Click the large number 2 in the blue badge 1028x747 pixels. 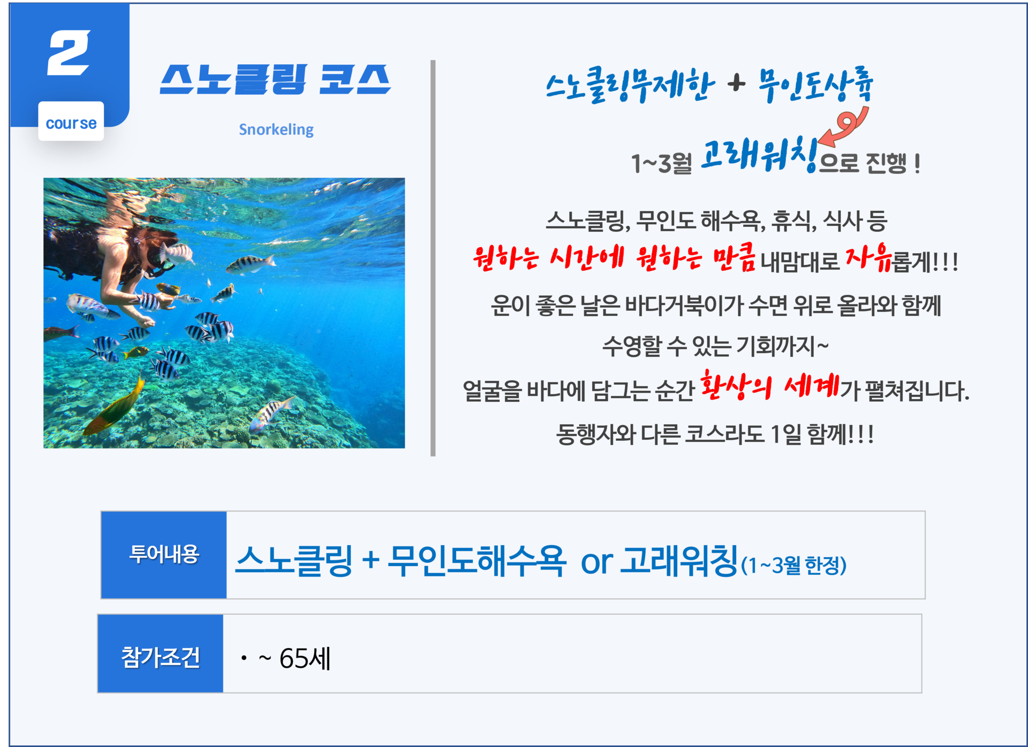(x=69, y=52)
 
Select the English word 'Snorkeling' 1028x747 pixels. (x=276, y=129)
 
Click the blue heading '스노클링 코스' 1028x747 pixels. (x=275, y=79)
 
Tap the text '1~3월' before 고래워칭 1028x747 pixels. (x=662, y=163)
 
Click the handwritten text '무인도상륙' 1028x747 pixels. (x=815, y=85)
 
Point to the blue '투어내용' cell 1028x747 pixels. (x=164, y=554)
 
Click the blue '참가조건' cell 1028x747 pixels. (x=161, y=653)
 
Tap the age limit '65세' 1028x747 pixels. (x=305, y=658)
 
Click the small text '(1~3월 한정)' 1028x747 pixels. (x=793, y=565)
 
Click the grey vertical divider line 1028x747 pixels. (x=433, y=258)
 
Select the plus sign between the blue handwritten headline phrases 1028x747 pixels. (x=737, y=83)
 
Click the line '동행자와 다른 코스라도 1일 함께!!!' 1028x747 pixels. (x=715, y=434)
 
